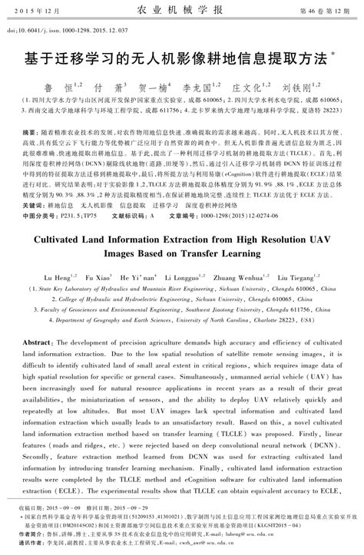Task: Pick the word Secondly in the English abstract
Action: pyautogui.click(x=45, y=454)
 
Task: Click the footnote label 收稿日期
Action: pyautogui.click(x=31, y=509)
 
